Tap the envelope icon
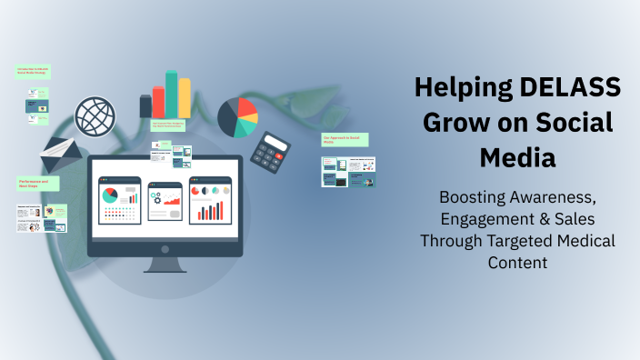point(62,156)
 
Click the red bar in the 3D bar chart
point(159,101)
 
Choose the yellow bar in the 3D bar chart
point(185,97)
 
